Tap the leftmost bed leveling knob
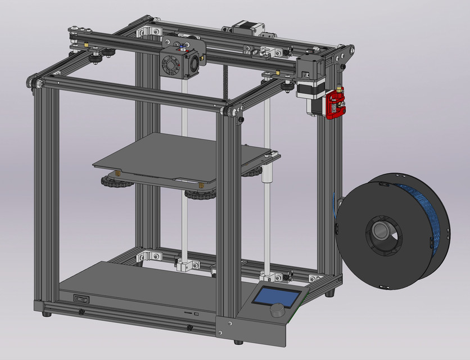point(110,181)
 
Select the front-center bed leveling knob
point(198,195)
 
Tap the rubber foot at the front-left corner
point(46,313)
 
